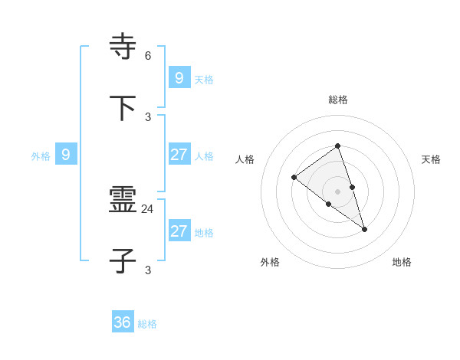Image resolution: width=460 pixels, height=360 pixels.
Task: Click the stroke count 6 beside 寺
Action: (148, 55)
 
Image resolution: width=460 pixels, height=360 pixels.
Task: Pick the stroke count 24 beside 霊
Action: (148, 208)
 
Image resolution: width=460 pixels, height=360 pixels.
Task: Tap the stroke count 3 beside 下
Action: (148, 116)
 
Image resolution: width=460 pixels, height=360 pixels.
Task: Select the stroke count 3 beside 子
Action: (148, 270)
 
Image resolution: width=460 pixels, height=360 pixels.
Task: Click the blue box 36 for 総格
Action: (123, 322)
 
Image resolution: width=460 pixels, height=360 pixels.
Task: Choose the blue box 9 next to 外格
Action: (66, 155)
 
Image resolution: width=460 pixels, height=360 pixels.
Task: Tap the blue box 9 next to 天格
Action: (179, 77)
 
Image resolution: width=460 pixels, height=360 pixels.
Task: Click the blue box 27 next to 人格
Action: (179, 155)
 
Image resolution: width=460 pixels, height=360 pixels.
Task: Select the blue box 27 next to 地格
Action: (179, 231)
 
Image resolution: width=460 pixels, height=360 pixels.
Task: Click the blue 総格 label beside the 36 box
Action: (147, 324)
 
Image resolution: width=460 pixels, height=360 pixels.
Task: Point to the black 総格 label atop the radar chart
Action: (337, 100)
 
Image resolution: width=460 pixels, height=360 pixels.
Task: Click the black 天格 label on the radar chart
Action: (432, 159)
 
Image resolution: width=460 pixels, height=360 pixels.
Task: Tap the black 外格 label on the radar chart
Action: (270, 262)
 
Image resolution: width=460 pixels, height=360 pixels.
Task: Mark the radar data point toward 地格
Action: (364, 229)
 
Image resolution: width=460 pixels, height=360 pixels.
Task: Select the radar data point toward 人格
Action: (294, 178)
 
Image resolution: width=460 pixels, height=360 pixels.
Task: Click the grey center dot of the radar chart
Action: (337, 191)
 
